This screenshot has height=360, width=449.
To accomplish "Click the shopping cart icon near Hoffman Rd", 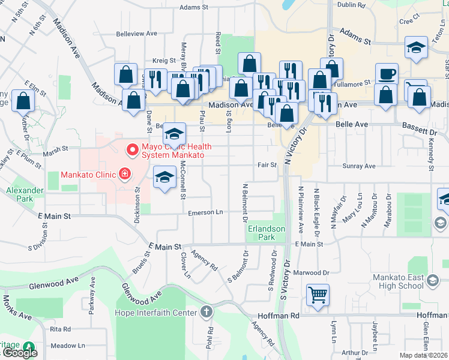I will coord(318,295).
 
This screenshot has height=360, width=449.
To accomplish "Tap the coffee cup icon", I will coord(387,74).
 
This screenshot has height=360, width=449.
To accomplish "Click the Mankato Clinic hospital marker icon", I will coord(125,175).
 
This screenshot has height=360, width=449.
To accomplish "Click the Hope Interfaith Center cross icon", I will coord(206,312).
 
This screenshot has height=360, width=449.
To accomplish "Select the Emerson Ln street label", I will coord(205,212).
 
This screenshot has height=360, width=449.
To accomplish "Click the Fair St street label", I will coord(267,164).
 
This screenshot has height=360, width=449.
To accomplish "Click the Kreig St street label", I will coord(163,61).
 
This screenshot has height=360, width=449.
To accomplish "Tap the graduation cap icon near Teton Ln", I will coord(416,48).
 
